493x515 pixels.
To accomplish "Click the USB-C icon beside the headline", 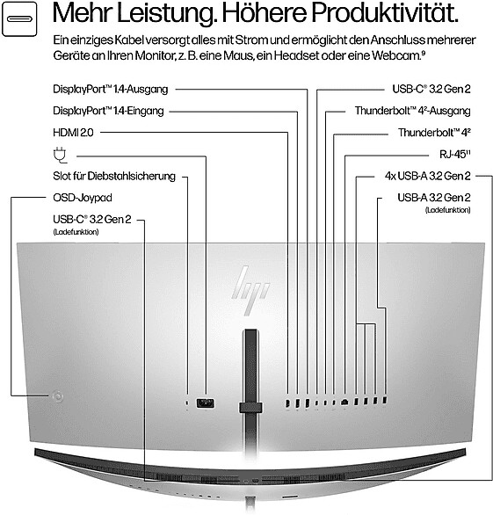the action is click(x=19, y=19).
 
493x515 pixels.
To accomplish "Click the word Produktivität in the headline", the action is click(x=385, y=13).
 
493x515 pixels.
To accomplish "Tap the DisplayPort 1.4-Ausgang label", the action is click(x=111, y=89).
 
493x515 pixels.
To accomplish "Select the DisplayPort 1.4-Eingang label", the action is click(x=108, y=111).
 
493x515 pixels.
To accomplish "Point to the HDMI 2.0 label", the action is click(x=73, y=133).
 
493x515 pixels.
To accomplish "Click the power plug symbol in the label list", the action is click(x=60, y=155).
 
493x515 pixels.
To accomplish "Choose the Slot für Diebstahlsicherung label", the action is click(x=114, y=176).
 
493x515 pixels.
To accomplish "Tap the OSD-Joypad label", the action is click(x=83, y=198).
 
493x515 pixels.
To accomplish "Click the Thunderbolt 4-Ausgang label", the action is click(x=412, y=111).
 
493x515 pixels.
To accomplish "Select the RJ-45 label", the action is click(x=455, y=154).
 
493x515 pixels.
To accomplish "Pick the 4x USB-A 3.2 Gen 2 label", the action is click(x=428, y=176).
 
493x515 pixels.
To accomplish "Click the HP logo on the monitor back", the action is click(x=250, y=290).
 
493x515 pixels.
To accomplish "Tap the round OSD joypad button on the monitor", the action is click(x=58, y=396).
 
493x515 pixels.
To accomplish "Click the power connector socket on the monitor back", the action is click(x=206, y=403).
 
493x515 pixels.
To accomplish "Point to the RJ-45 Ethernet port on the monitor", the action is click(x=344, y=402).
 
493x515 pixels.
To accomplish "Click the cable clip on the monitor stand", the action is click(x=250, y=407).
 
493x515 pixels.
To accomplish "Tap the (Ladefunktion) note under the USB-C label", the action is click(x=76, y=232).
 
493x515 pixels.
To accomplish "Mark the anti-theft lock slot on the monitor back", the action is click(x=187, y=403).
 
